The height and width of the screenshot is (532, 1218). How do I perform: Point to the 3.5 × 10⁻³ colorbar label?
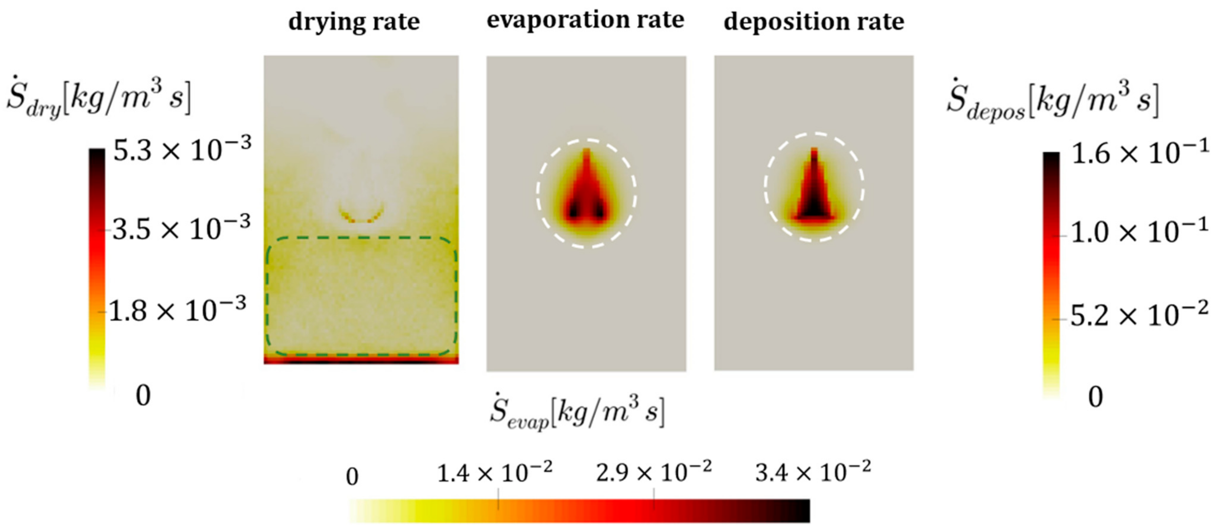181,230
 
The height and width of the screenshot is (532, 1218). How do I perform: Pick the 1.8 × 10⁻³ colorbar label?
178,311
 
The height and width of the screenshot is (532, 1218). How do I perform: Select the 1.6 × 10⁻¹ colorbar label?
1139,154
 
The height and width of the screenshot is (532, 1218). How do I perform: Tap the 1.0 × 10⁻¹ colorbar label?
1139,233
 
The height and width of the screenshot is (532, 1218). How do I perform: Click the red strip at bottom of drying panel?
361,360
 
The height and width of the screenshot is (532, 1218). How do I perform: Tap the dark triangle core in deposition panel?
813,206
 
